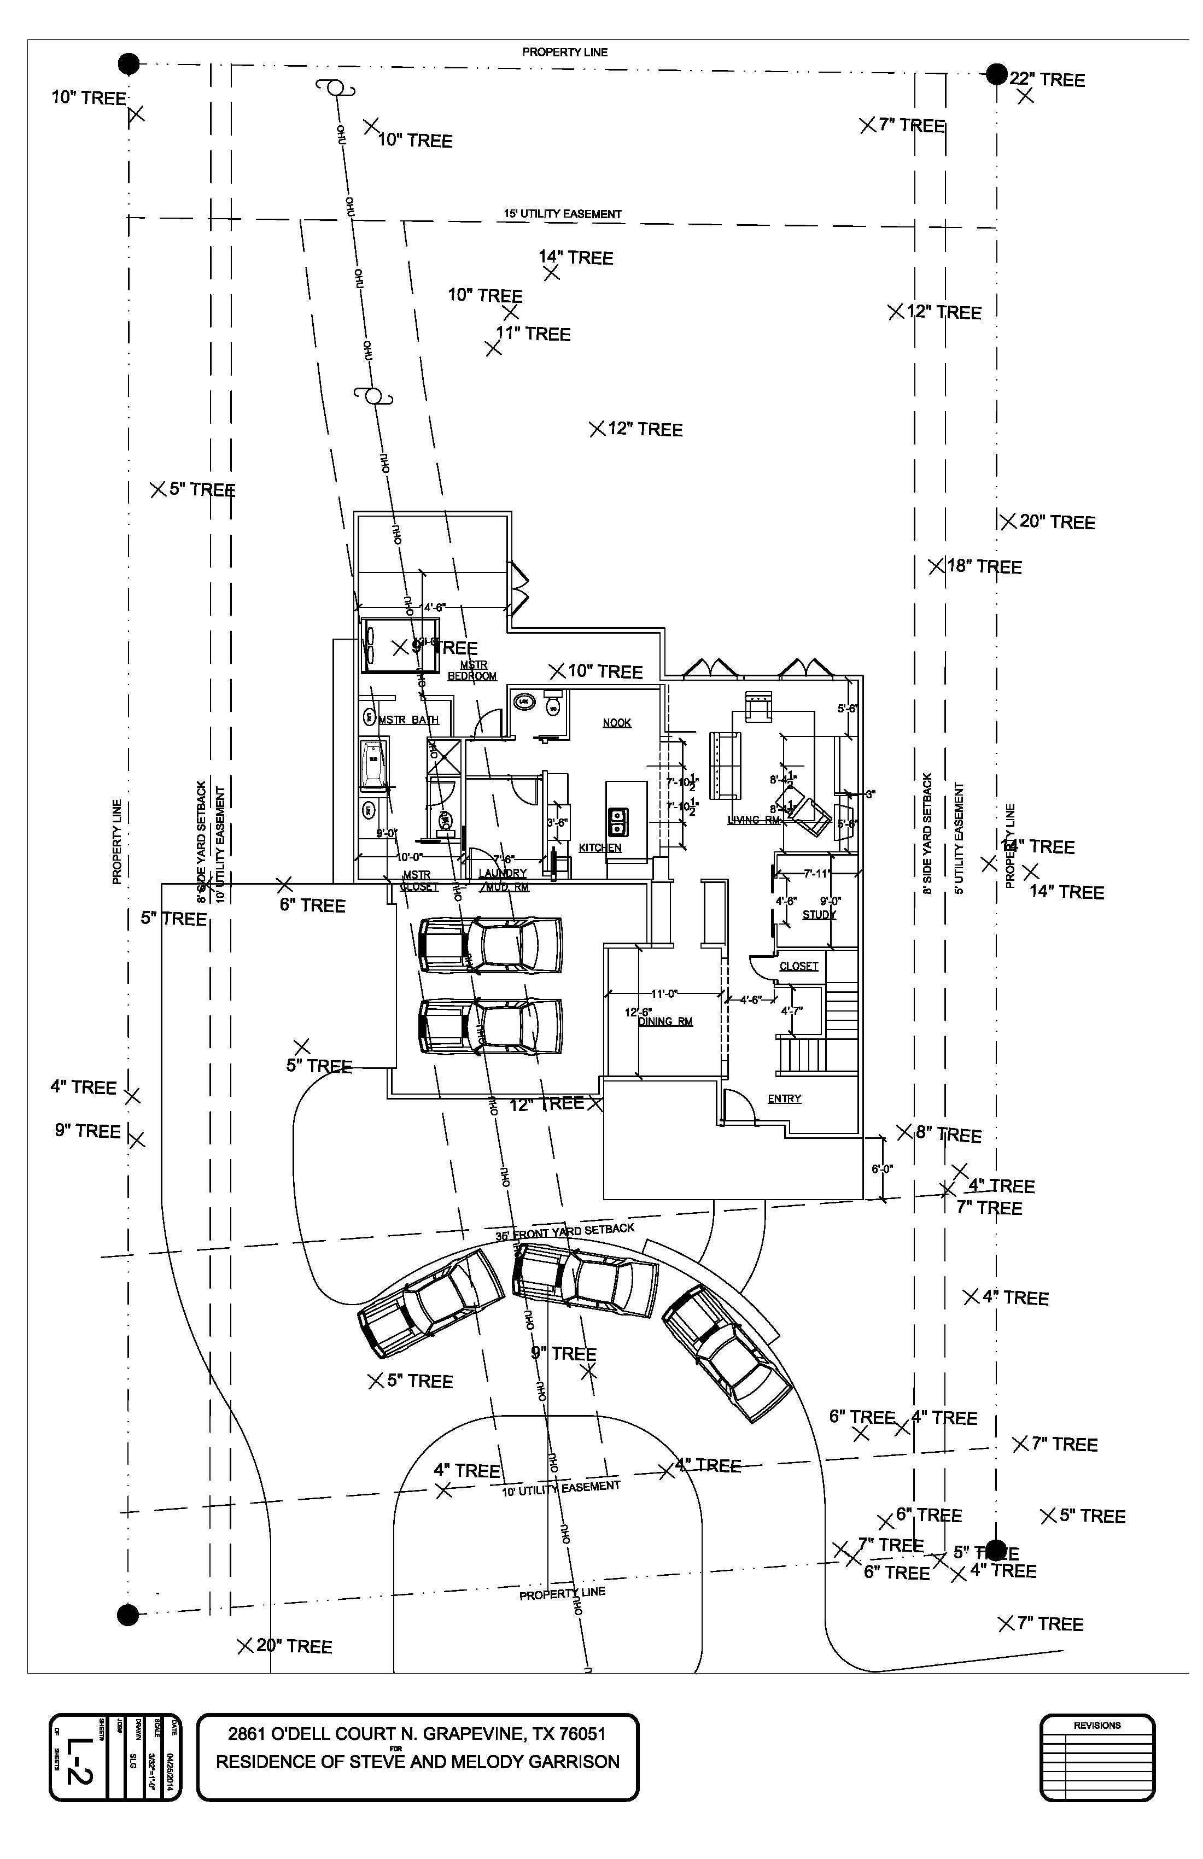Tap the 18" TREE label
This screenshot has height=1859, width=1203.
[x=984, y=566]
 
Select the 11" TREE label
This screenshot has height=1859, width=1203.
[x=534, y=334]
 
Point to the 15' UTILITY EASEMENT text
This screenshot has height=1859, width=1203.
[x=563, y=214]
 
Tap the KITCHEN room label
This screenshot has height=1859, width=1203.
[x=600, y=847]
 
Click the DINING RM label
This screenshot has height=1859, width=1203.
[x=665, y=1022]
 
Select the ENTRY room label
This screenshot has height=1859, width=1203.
[x=784, y=1099]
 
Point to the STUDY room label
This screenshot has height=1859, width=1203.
[x=820, y=915]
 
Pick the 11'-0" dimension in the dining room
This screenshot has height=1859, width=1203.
[x=665, y=995]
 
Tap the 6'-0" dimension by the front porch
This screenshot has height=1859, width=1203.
[x=882, y=1170]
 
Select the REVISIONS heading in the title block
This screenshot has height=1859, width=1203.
[x=1097, y=1726]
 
